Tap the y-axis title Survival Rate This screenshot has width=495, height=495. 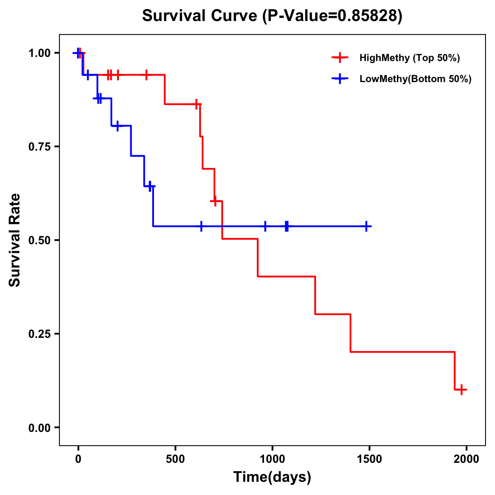[15, 240]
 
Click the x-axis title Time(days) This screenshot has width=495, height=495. [272, 477]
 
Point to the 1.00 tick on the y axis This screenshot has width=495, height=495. [40, 53]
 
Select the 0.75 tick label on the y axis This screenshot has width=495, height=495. [40, 147]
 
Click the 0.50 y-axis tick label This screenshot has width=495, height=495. [40, 240]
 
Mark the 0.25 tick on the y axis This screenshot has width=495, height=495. [40, 334]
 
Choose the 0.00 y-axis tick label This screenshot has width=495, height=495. [40, 428]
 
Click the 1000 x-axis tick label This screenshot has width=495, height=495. [272, 459]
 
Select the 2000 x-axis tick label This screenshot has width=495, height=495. [467, 459]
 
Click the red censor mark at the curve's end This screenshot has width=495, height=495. [462, 389]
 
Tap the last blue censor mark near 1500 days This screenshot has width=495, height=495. [366, 226]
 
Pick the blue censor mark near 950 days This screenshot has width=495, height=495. [265, 226]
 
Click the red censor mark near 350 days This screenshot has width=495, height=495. [146, 75]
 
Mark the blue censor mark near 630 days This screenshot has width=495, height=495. [201, 226]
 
